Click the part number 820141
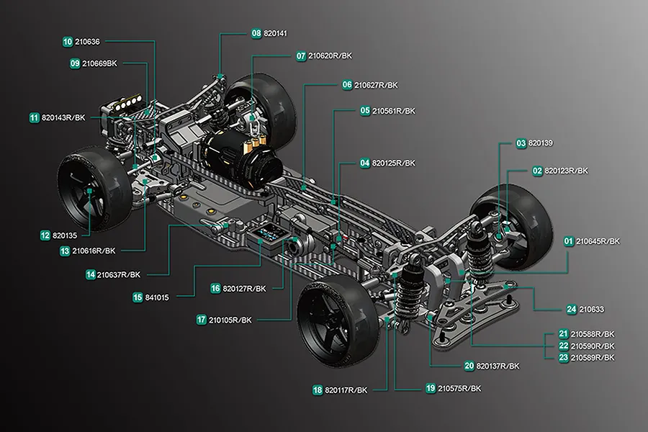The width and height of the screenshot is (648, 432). pyautogui.click(x=275, y=34)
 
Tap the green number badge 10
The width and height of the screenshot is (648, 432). pyautogui.click(x=68, y=42)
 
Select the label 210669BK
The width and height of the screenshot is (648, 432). pyautogui.click(x=99, y=63)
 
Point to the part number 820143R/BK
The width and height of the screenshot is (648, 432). pyautogui.click(x=63, y=118)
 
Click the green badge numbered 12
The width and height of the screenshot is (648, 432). pyautogui.click(x=45, y=235)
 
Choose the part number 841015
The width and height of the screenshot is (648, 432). pyautogui.click(x=157, y=297)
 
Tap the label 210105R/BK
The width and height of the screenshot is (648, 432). pyautogui.click(x=230, y=320)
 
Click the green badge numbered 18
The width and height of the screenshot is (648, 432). pyautogui.click(x=318, y=390)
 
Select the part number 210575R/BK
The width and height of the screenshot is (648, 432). pyautogui.click(x=459, y=389)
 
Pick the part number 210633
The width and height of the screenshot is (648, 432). pyautogui.click(x=591, y=310)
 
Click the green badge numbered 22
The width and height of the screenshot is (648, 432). pyautogui.click(x=564, y=346)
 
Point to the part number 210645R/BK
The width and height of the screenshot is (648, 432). pyautogui.click(x=598, y=241)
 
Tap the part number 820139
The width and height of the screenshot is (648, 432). pyautogui.click(x=541, y=143)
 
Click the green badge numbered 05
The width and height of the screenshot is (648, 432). pyautogui.click(x=365, y=111)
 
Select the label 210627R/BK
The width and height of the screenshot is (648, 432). pyautogui.click(x=376, y=86)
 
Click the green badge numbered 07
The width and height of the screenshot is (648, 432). pyautogui.click(x=301, y=56)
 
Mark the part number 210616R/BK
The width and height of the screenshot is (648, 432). pyautogui.click(x=94, y=251)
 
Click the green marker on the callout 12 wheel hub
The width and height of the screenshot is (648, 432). pyautogui.click(x=89, y=191)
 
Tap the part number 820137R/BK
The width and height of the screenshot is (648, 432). pyautogui.click(x=498, y=366)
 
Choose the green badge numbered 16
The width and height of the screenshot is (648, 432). pyautogui.click(x=215, y=289)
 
